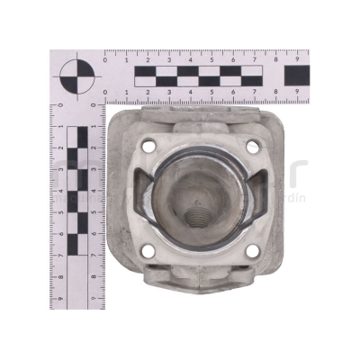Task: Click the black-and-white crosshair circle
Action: pos(75,76)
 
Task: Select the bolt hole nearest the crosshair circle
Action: pos(148,147)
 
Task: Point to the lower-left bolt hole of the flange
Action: pos(149,251)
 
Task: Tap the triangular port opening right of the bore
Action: pos(263,198)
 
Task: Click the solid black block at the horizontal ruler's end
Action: pos(297,76)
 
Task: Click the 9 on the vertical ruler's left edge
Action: pos(59,298)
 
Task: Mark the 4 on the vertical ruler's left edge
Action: pos(59,191)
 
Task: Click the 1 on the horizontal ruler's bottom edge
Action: pos(127,93)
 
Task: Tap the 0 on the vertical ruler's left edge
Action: pos(59,105)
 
